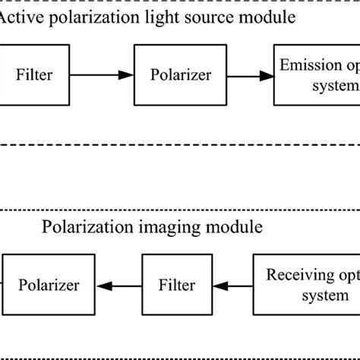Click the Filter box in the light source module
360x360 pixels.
[33, 74]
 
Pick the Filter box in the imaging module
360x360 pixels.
[175, 286]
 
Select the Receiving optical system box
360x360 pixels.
[308, 286]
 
